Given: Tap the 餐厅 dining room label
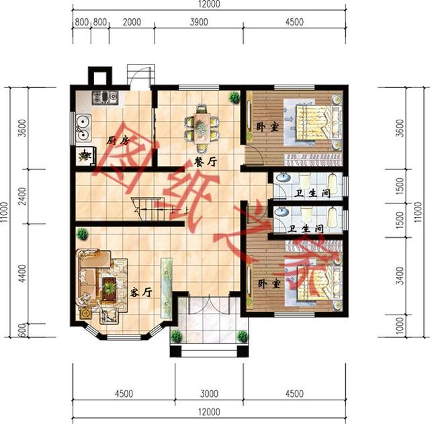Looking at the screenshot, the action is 206,161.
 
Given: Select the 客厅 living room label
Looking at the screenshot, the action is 140,292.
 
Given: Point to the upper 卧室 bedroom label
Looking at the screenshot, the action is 267,127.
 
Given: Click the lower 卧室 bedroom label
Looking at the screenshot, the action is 269,284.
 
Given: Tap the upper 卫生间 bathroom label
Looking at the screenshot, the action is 312,193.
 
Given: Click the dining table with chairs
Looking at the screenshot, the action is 202,128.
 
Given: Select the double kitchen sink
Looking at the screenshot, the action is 83,128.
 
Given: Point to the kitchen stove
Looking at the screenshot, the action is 105,97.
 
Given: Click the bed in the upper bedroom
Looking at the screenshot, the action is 319,122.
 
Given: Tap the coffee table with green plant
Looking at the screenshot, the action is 110,289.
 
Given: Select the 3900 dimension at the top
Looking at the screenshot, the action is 199,22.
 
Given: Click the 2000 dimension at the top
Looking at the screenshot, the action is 132,22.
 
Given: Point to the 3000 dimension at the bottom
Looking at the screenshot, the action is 209,394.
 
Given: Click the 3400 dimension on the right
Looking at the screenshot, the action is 400,275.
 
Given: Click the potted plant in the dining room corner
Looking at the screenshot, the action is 234,97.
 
